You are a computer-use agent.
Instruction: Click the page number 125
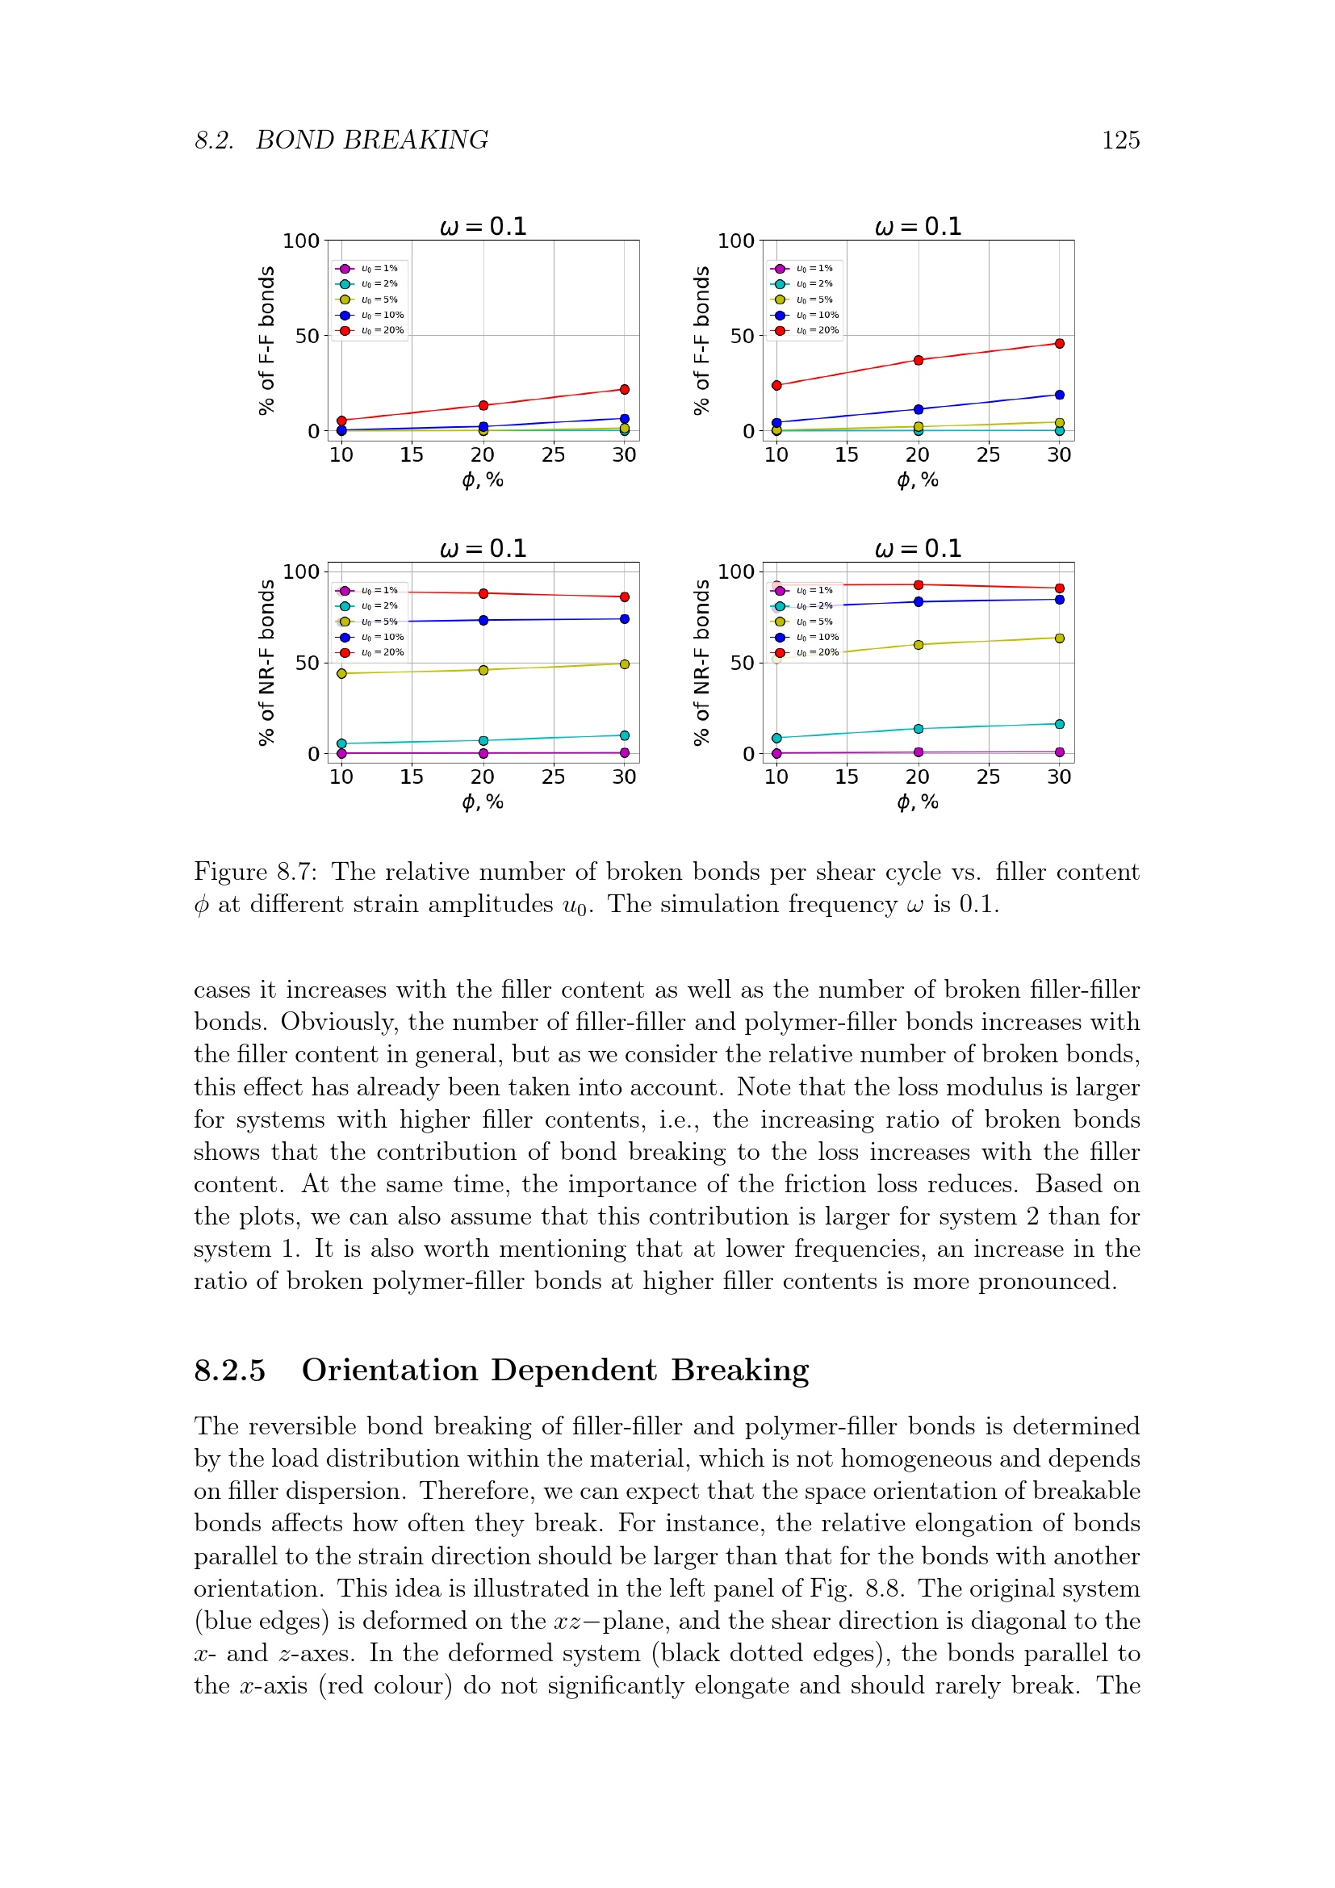pos(1119,140)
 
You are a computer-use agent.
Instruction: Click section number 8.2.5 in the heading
pos(229,1371)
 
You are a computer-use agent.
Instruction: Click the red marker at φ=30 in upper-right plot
pos(1059,344)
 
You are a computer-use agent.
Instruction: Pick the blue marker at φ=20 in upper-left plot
pos(483,427)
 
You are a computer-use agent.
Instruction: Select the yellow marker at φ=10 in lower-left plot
pos(342,673)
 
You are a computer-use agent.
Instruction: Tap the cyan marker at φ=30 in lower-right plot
pos(1059,724)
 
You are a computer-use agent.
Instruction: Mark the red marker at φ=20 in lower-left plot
pos(483,594)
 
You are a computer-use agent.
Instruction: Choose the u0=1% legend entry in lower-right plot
pos(814,590)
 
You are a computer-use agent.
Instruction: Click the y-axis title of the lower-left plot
pos(266,663)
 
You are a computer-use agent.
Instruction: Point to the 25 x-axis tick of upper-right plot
pos(988,454)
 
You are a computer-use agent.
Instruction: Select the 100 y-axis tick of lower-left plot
pos(301,571)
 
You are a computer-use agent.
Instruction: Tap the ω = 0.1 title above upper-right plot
pos(918,226)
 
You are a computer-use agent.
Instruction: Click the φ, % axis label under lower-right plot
pos(918,802)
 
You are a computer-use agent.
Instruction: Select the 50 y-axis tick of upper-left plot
pos(307,336)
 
